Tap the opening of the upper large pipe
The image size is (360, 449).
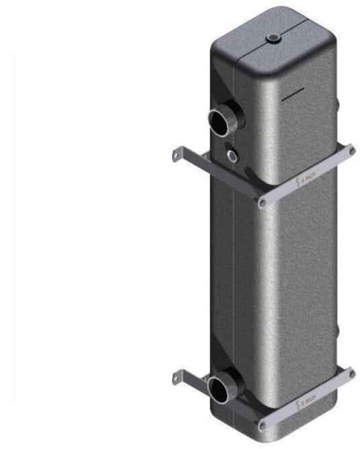pos(220,124)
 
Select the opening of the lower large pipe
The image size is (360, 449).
pos(218,389)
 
